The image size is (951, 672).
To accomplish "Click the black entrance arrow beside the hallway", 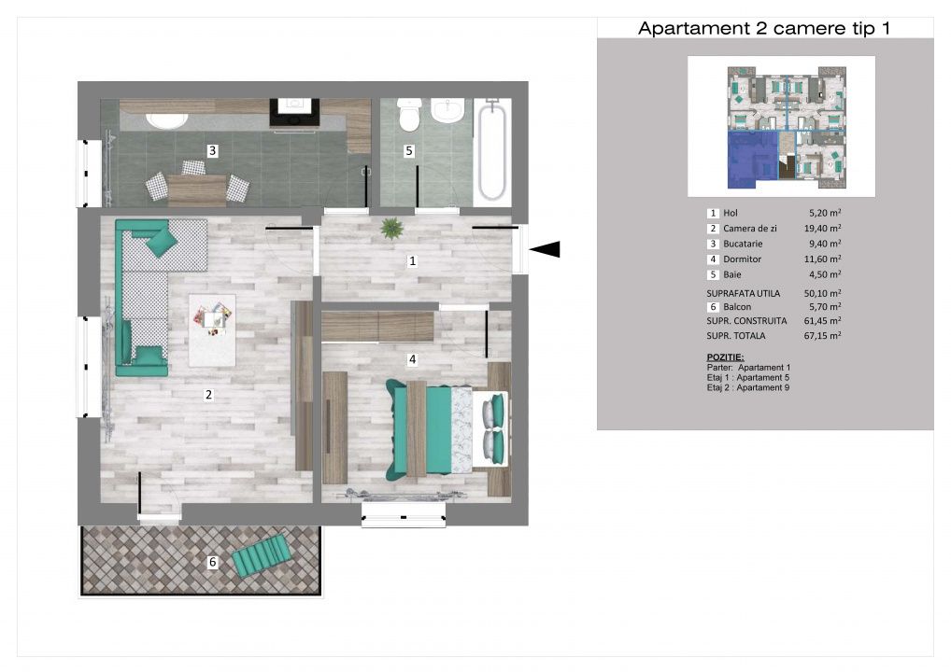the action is pos(545,249).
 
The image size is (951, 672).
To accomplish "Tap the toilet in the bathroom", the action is pos(410,115).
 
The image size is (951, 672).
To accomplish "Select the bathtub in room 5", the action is pos(492,151).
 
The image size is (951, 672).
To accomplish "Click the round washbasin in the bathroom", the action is pos(447,111).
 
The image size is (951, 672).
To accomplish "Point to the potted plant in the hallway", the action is pos(391,229).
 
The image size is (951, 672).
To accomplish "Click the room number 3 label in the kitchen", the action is pos(212,150).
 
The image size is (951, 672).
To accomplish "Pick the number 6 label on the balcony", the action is pos(212,562).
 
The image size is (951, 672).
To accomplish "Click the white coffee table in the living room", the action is pos(212,330).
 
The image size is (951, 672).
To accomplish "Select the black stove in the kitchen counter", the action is pos(294,113).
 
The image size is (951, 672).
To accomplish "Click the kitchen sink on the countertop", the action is pos(167,120).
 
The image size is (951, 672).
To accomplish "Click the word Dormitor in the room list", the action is pos(742,259).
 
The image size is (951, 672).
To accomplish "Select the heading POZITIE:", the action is pos(725,357).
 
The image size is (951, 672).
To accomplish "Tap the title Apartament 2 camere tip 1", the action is pos(764,29).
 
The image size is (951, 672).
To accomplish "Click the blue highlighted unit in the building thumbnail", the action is pos(751,159).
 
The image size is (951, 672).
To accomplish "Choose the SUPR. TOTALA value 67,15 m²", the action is pos(822,335).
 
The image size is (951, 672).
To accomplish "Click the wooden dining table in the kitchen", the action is pos(197,189).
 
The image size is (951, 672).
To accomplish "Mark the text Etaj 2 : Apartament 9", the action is pos(748,388).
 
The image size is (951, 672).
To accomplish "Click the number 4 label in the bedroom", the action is pos(412,359).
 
